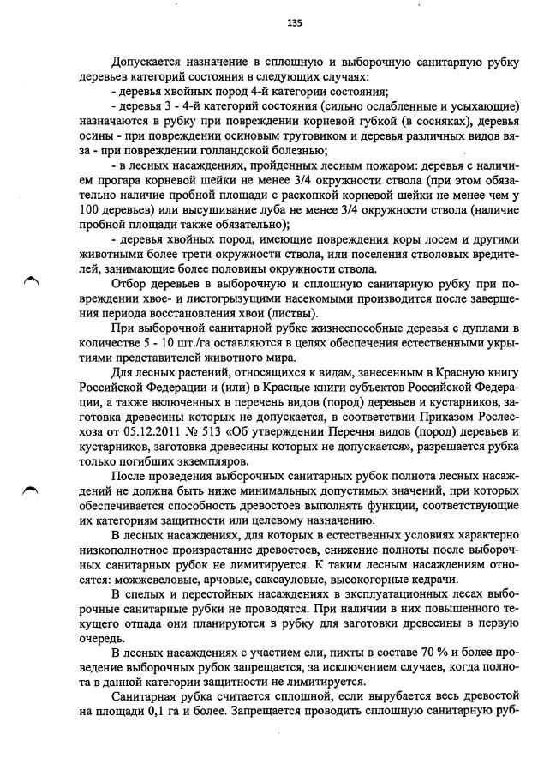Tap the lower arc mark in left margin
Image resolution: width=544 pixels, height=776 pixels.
pyautogui.click(x=31, y=490)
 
